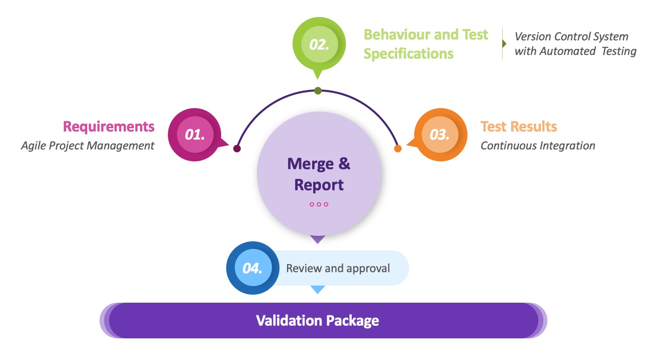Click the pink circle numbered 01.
[195, 134]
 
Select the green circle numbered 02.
[319, 44]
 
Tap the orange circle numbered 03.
[439, 135]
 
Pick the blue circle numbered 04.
[253, 268]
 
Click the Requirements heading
[109, 126]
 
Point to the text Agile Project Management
[87, 146]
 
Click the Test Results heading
[519, 126]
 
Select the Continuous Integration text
[538, 146]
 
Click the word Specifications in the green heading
[408, 54]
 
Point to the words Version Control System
[572, 37]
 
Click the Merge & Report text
[319, 174]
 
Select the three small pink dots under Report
[319, 204]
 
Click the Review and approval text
[338, 268]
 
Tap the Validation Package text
[318, 320]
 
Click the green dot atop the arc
[318, 91]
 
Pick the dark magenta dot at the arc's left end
[237, 148]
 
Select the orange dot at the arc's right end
[398, 148]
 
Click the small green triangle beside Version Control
[504, 44]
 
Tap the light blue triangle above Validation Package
[317, 289]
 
